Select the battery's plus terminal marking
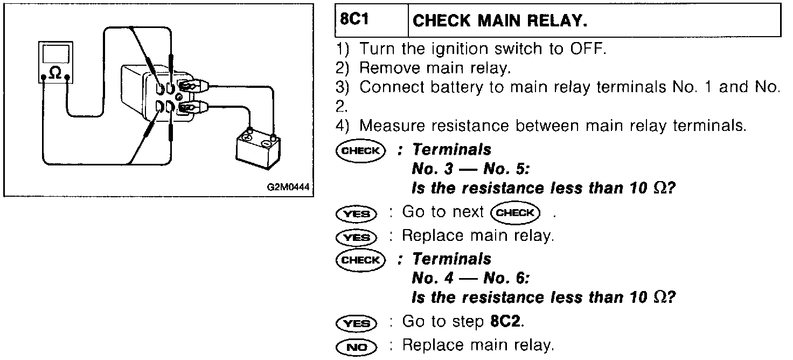248,137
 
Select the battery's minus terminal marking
266,143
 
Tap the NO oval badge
356,347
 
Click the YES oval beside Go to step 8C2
356,323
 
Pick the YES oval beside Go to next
356,213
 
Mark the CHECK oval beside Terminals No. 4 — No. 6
360,260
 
